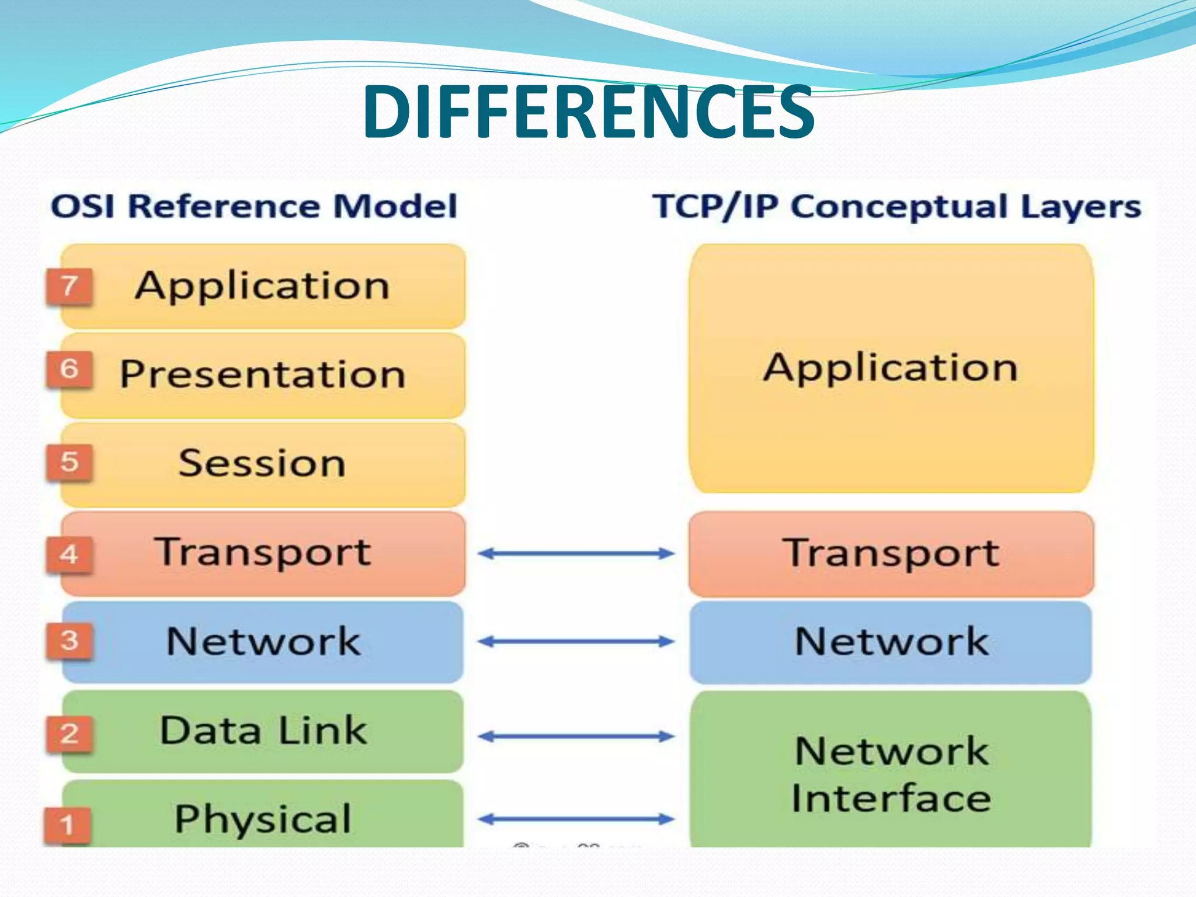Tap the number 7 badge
[69, 286]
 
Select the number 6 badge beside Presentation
[69, 369]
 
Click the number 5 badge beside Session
[69, 463]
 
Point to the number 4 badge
[69, 554]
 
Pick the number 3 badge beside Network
[69, 641]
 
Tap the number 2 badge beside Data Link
[69, 733]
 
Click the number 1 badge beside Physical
[68, 825]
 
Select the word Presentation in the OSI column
[263, 374]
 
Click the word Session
[262, 463]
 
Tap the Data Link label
[263, 731]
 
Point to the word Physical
[263, 819]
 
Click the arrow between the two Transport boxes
[576, 553]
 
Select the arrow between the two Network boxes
[576, 642]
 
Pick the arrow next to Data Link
[576, 736]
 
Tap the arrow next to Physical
[576, 819]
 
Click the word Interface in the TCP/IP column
[891, 798]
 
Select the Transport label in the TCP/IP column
[891, 552]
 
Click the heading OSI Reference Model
[254, 206]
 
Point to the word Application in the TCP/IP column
[891, 368]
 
